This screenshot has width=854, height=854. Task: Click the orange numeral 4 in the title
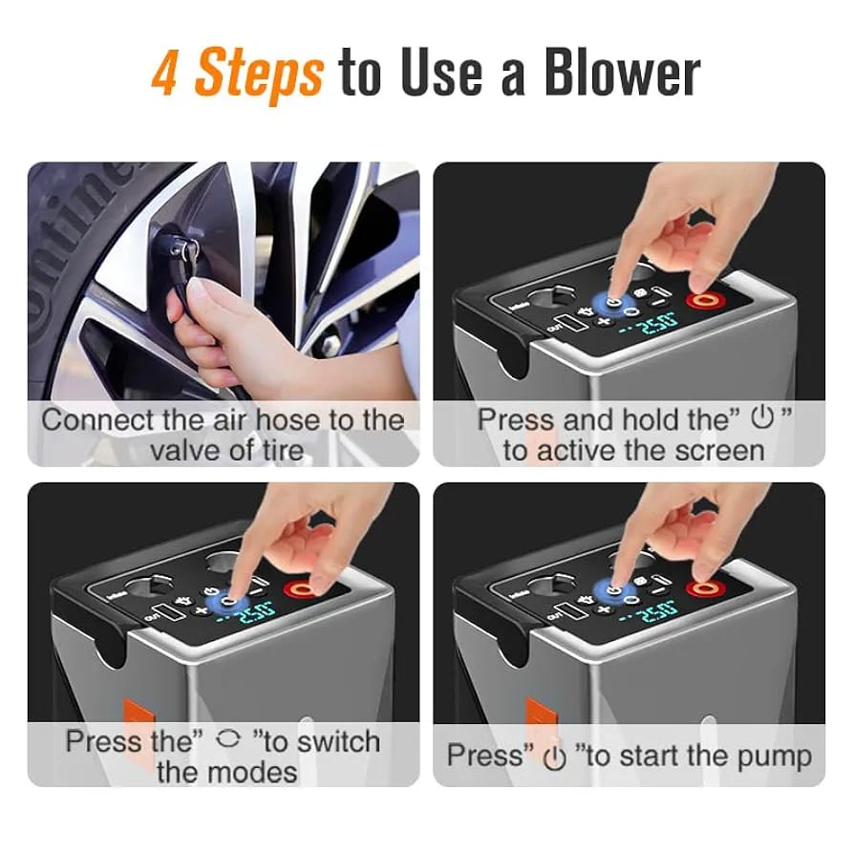click(x=164, y=73)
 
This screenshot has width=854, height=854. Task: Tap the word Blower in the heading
click(x=622, y=73)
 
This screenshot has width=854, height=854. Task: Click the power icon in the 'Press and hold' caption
click(x=762, y=417)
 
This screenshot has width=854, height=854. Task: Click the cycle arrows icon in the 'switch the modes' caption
click(x=227, y=739)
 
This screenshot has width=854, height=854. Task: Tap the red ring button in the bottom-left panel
click(x=301, y=589)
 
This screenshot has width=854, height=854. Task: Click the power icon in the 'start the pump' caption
click(x=555, y=758)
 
